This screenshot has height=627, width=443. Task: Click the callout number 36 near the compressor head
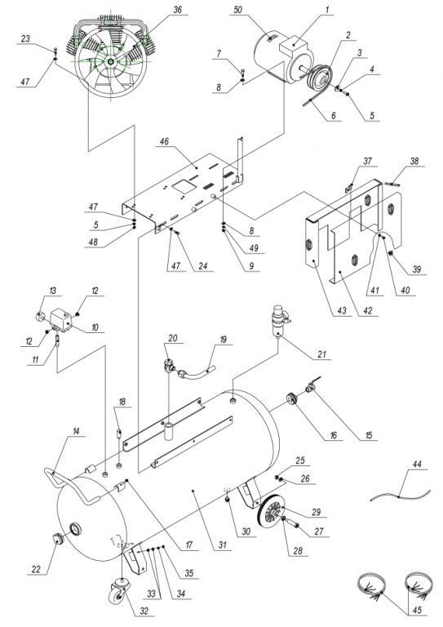coord(178,9)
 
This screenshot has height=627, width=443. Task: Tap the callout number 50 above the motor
coord(238,10)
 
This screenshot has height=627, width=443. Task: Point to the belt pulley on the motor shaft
coord(320,78)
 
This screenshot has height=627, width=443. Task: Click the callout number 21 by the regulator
coord(321,354)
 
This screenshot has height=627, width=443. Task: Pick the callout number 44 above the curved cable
coord(417,465)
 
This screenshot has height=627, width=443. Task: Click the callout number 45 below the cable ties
coord(417,610)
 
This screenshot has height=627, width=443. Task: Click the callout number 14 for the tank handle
coord(77,431)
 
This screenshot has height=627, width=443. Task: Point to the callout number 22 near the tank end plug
coord(37,569)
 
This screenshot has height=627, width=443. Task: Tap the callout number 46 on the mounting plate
coord(164,141)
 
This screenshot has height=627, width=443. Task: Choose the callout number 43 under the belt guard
coord(343,310)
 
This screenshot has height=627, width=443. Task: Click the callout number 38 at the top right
coord(414,161)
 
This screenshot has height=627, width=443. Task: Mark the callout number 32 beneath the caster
coord(144,611)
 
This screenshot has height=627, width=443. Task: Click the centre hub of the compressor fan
coord(109,60)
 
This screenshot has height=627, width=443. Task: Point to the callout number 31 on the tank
coord(223,545)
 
